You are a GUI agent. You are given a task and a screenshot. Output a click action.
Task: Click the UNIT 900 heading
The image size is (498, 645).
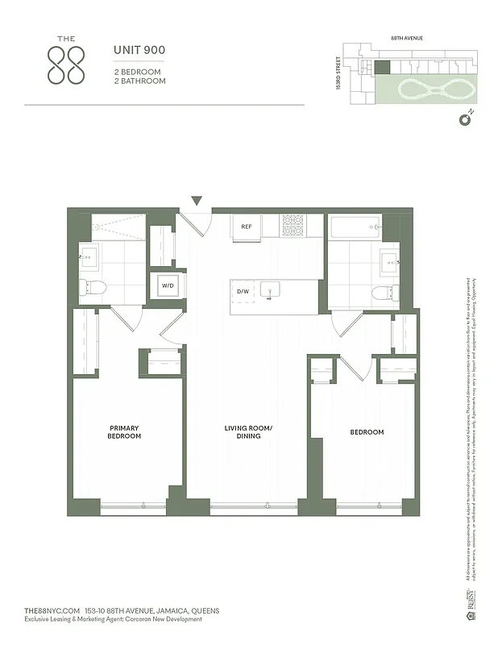point(139,51)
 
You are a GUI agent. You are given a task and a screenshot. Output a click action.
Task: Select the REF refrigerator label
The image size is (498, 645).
point(247,227)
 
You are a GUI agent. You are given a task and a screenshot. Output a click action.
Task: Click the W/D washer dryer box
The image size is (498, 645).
point(168,285)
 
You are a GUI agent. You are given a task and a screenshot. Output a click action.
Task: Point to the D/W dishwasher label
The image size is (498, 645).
point(242,291)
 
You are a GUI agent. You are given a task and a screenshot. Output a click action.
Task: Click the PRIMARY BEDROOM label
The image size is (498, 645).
point(124,432)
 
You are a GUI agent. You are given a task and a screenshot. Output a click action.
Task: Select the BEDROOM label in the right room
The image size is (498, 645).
point(367,432)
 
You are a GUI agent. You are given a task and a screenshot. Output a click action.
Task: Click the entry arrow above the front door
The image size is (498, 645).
point(197,201)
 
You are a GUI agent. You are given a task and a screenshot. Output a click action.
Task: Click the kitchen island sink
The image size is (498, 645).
point(272,289)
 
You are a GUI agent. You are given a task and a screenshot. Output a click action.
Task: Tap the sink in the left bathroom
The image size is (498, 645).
point(88,257)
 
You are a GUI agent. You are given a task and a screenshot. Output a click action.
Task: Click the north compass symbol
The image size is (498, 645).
point(464,120)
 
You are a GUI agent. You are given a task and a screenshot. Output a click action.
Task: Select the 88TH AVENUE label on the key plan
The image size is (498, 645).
point(407,38)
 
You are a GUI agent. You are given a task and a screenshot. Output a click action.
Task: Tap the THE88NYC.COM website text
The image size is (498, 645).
point(52,610)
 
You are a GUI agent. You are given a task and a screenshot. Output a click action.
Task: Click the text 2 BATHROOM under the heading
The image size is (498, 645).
point(139,81)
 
